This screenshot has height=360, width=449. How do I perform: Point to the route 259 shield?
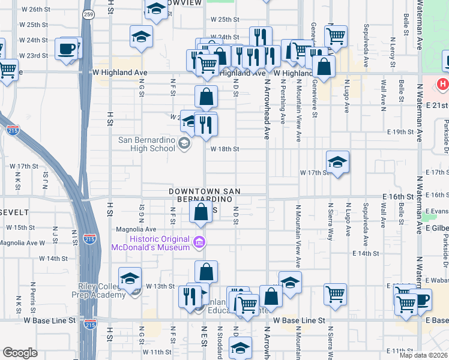(x=88, y=14)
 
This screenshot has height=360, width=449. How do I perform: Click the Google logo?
(x=20, y=352)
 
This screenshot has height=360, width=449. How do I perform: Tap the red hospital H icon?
(x=443, y=84)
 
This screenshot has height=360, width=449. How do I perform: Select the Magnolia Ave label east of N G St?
(x=140, y=229)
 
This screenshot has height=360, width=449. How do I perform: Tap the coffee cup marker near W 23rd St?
(x=66, y=49)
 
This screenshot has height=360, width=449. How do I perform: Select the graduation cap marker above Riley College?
(x=130, y=279)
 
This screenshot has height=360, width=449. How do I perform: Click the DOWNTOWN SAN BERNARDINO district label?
(x=204, y=194)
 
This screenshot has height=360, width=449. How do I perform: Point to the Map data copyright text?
(x=423, y=355)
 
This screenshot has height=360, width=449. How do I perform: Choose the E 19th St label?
(x=401, y=131)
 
